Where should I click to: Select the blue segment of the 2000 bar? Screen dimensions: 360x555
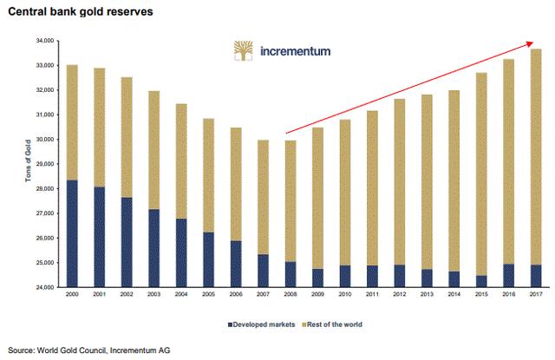pyautogui.click(x=73, y=233)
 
